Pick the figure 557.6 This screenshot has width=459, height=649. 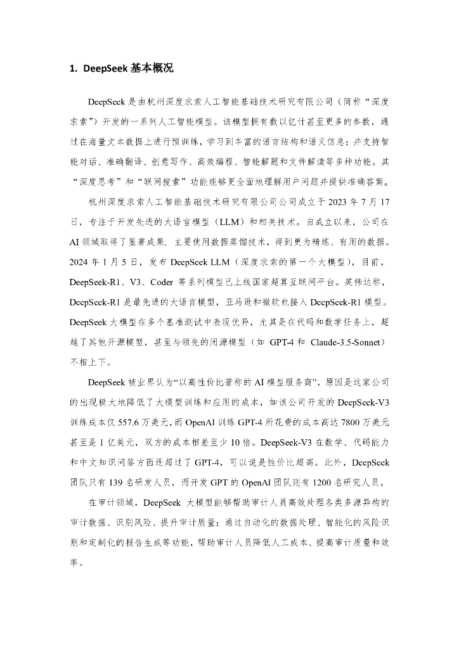(x=132, y=420)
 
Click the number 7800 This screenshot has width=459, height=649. (x=338, y=420)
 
